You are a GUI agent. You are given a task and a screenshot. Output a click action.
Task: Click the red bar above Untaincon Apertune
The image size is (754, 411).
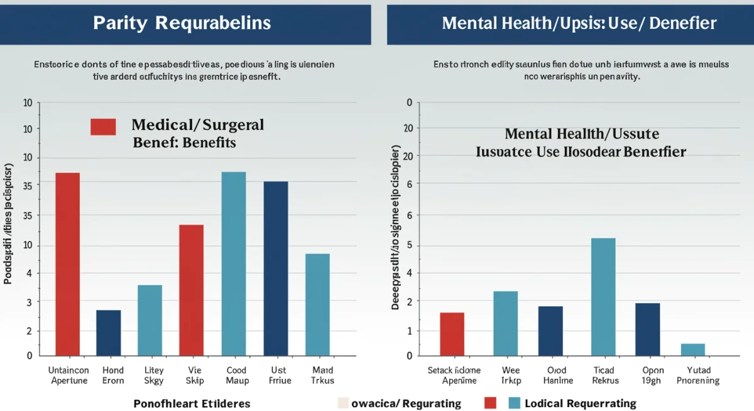point(68,263)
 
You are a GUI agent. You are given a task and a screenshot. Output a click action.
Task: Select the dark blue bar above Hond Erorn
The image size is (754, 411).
point(108,332)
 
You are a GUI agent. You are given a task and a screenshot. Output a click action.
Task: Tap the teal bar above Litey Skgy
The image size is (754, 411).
point(150,320)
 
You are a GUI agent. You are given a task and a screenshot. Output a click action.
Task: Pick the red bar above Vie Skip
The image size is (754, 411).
point(191,290)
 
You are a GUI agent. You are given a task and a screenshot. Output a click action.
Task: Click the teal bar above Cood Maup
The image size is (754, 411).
point(234,263)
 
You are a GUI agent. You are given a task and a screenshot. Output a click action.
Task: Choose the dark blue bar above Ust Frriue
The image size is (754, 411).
point(275,268)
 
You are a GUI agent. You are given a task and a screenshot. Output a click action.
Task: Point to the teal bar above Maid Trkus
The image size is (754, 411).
point(317,304)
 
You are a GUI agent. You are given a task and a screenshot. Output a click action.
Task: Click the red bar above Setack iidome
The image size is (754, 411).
point(452,334)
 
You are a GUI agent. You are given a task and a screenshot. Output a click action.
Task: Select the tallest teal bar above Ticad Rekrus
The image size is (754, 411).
point(603,297)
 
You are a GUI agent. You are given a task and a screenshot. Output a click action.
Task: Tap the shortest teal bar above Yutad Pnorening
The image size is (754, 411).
point(692,349)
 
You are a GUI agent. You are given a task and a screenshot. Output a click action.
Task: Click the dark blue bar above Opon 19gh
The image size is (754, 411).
point(647,329)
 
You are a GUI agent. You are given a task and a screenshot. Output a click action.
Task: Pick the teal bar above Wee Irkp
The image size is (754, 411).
point(505,323)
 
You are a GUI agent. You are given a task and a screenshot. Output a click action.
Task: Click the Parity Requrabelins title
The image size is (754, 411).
point(182,23)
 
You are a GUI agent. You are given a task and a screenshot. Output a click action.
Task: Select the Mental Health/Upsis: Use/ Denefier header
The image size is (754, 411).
point(579,23)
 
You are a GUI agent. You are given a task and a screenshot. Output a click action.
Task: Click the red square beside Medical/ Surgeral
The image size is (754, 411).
point(103,126)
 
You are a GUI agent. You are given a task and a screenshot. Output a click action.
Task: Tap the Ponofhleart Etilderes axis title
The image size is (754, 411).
point(192,403)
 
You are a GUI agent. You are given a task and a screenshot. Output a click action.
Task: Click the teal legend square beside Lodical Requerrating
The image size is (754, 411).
point(514,403)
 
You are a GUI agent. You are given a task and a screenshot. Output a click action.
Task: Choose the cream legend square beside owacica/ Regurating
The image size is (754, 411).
point(342,403)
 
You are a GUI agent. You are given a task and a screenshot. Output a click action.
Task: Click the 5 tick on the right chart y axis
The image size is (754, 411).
point(409,245)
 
